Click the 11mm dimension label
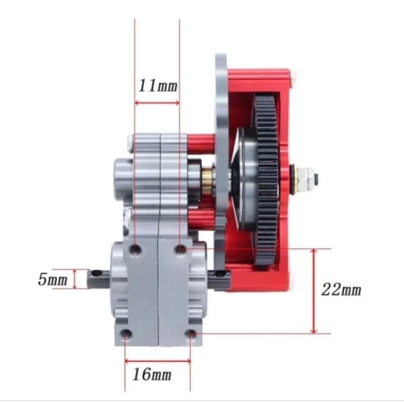tap(158, 85)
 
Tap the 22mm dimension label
tap(341, 289)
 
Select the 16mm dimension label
tap(152, 374)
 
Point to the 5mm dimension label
tap(53, 279)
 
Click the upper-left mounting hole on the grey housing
tap(135, 249)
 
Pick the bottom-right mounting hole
tap(191, 334)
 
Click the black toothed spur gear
tap(267, 182)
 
